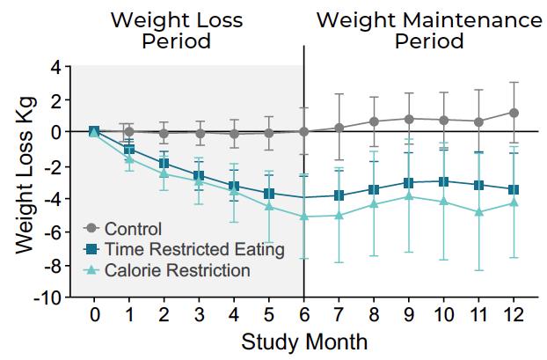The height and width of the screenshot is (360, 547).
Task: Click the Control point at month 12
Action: pyautogui.click(x=514, y=113)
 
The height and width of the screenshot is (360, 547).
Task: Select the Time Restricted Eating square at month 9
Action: pyautogui.click(x=409, y=183)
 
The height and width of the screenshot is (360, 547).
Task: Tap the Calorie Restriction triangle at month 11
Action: pyautogui.click(x=478, y=211)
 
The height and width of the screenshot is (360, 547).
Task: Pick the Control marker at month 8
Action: pyautogui.click(x=374, y=121)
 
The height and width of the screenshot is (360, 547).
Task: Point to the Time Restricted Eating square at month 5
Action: pyautogui.click(x=268, y=194)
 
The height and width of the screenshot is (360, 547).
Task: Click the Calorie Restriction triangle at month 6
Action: pyautogui.click(x=304, y=217)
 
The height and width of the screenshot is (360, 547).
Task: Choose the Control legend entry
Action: pyautogui.click(x=122, y=229)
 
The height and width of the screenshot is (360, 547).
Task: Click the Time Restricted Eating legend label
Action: pyautogui.click(x=194, y=249)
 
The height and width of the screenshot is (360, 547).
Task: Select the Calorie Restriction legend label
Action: pyautogui.click(x=178, y=270)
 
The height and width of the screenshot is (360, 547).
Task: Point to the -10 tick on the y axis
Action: pyautogui.click(x=48, y=298)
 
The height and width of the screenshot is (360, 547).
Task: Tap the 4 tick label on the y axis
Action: pyautogui.click(x=55, y=66)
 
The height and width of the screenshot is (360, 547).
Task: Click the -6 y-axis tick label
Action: pyautogui.click(x=52, y=231)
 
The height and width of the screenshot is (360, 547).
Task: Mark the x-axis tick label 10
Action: pyautogui.click(x=444, y=314)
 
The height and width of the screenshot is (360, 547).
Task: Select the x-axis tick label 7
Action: pyautogui.click(x=339, y=314)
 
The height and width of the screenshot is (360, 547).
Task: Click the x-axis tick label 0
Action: pyautogui.click(x=94, y=314)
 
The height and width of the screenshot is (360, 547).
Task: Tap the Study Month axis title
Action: pyautogui.click(x=304, y=342)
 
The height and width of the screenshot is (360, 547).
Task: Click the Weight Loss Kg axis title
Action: pyautogui.click(x=26, y=176)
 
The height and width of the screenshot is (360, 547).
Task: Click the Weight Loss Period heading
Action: pyautogui.click(x=177, y=31)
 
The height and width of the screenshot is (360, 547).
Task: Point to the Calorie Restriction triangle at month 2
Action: pyautogui.click(x=164, y=173)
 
